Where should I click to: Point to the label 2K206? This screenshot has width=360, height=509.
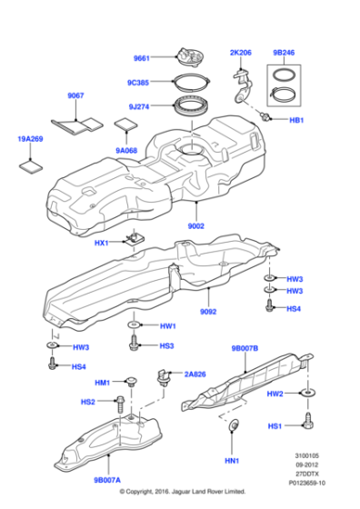point(242,54)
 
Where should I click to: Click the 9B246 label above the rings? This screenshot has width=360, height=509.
point(285,54)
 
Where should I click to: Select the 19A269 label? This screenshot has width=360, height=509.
point(30,139)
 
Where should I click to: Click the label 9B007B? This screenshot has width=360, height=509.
point(245,348)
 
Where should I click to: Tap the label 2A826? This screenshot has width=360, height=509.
point(195,374)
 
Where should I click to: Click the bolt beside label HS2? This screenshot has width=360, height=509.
point(121,401)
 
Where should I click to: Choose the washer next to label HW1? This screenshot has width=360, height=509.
point(135,324)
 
